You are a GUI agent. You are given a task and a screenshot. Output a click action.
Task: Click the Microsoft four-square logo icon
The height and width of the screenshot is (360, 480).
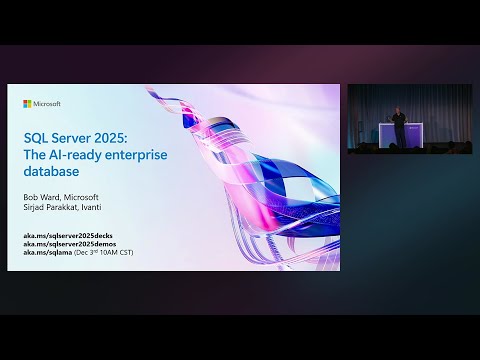pos(27,103)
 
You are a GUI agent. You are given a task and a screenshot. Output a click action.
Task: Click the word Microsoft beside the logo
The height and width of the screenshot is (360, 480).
pos(47,103)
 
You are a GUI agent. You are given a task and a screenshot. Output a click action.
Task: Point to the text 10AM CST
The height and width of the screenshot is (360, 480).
pos(116,252)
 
